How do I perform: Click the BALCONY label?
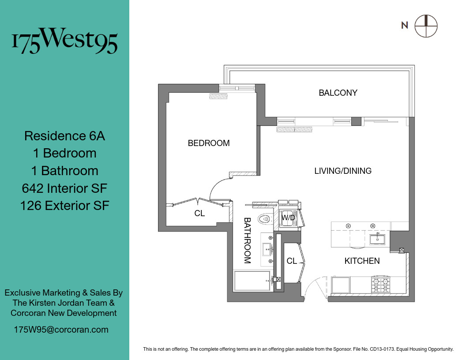pos(338,93)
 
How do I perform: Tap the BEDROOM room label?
pos(209,143)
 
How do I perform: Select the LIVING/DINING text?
pos(343,171)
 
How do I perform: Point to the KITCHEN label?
pos(362,261)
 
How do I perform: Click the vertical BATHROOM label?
pos(247,240)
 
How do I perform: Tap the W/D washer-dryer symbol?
pos(288,218)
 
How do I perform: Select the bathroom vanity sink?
pos(267,250)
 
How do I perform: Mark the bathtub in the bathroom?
pos(252,281)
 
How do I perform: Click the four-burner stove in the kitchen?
pos(381,285)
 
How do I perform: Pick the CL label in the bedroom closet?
pos(199,214)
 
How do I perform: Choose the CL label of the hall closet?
pos(292,261)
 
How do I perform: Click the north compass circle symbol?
pos(426,26)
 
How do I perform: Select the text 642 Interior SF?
pos(64,188)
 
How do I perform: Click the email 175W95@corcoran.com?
pos(61,330)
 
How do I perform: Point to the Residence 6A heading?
pos(64,135)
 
